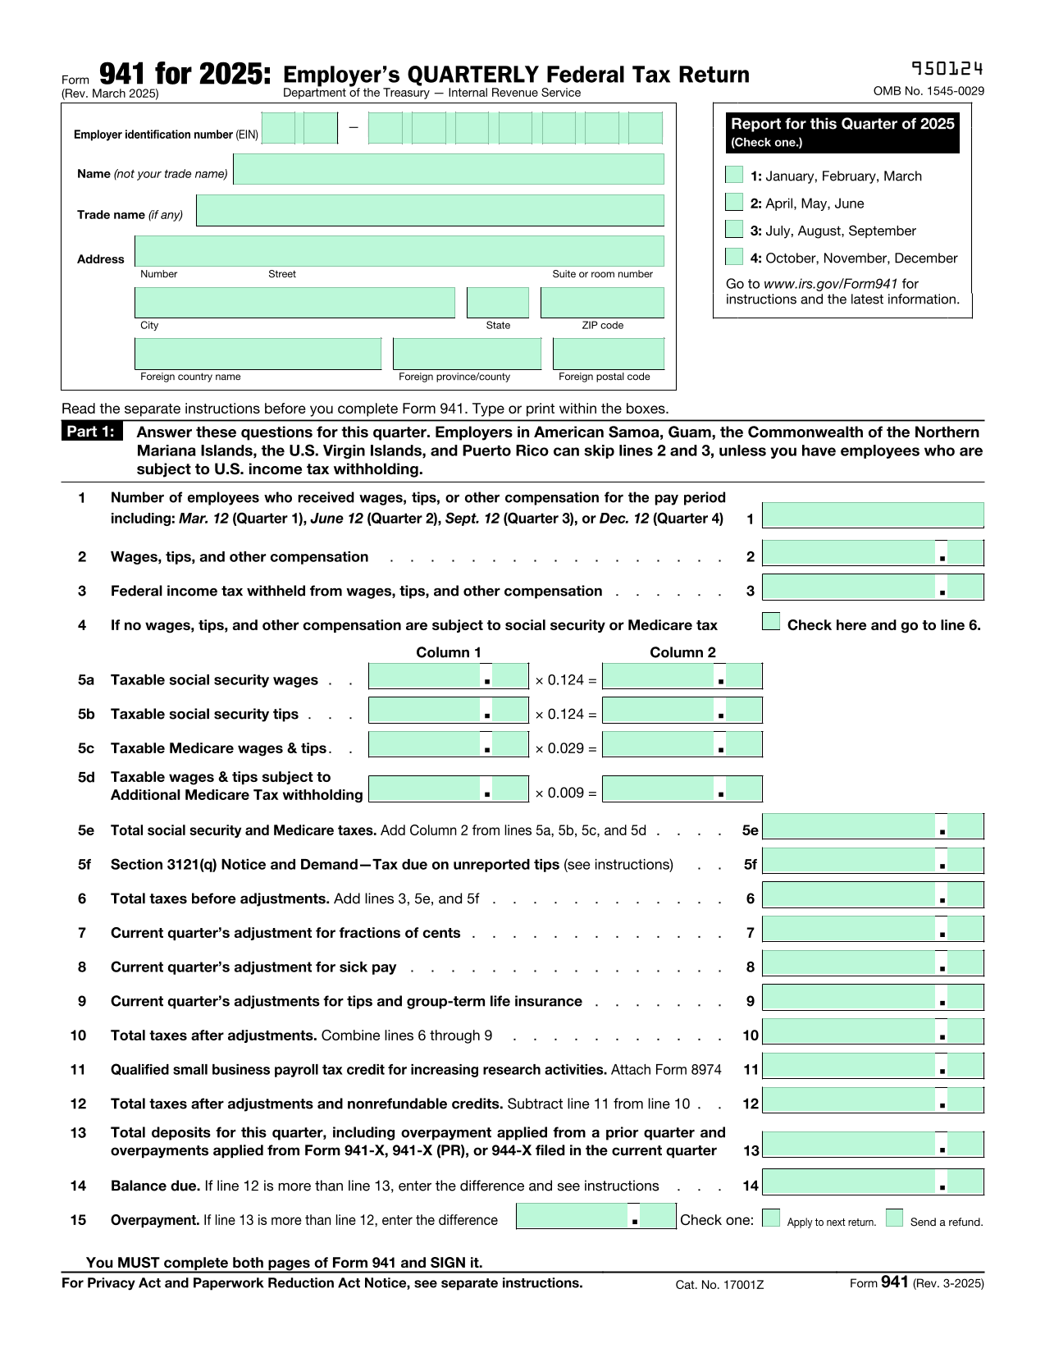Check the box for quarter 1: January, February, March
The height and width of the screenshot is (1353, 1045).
point(734,175)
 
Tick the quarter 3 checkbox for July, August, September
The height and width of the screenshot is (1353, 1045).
point(734,230)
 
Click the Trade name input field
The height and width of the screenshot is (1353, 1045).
point(430,211)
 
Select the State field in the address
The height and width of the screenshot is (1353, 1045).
point(498,303)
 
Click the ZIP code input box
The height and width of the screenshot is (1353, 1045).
point(602,303)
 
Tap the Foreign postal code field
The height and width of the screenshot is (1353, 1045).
point(609,354)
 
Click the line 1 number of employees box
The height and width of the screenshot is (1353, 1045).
point(873,515)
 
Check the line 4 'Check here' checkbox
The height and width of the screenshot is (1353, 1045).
point(771,622)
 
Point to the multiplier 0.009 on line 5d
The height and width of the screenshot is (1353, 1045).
point(565,793)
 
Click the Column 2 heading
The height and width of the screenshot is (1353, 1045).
point(682,652)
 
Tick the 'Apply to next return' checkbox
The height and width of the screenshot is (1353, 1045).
point(771,1218)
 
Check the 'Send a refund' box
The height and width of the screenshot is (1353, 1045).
point(894,1218)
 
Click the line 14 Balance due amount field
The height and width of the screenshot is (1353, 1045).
point(873,1183)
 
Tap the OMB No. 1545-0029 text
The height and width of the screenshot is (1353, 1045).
point(929,91)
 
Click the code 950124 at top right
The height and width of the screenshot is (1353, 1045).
point(947,68)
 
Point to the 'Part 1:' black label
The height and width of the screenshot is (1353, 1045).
point(91,432)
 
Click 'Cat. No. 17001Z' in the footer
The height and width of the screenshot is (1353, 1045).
point(719,1284)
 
